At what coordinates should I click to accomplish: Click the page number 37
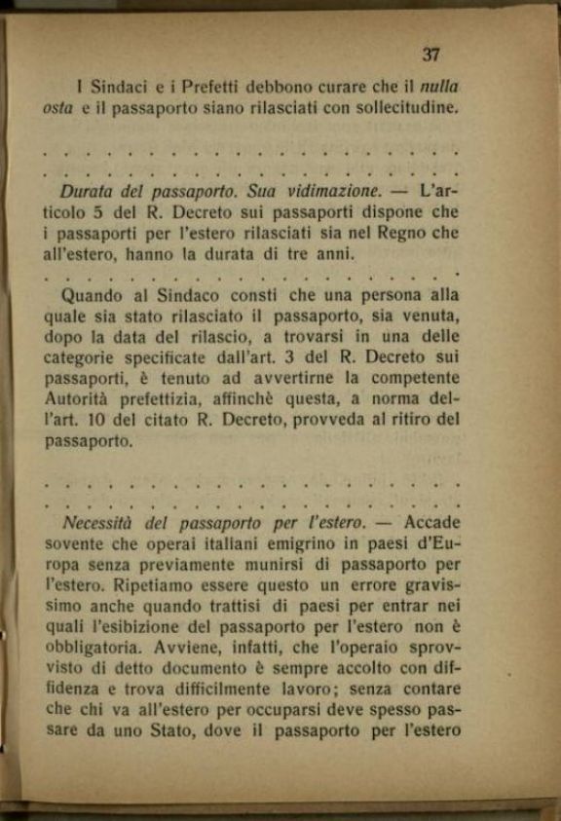(431, 56)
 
